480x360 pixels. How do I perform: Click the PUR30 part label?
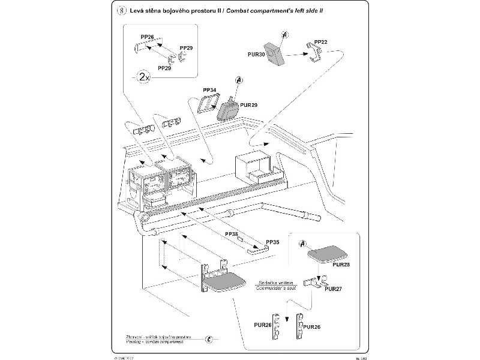(x=256, y=54)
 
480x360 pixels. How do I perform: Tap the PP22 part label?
(x=321, y=42)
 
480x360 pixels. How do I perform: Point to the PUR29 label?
(x=248, y=105)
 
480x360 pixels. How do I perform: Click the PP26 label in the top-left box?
(x=147, y=37)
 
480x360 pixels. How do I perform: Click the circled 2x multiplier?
(x=143, y=78)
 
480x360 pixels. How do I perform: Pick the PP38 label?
(x=230, y=233)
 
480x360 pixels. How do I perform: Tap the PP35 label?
(x=272, y=241)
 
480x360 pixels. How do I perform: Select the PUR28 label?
(x=340, y=264)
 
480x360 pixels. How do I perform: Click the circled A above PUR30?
(x=284, y=35)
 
